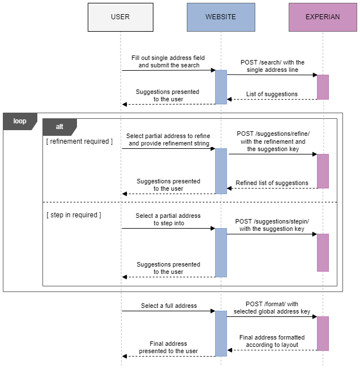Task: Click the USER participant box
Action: (120, 17)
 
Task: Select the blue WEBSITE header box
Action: (221, 17)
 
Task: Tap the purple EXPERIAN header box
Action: (323, 17)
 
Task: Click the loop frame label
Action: (19, 121)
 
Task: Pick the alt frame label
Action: (59, 127)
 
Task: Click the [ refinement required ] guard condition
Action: (79, 141)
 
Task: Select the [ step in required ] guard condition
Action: (74, 215)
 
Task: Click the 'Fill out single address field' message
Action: (168, 62)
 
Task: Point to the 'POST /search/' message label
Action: (272, 66)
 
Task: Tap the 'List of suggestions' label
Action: (272, 94)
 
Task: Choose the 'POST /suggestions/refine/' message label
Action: (273, 141)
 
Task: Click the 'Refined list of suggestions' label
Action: (272, 183)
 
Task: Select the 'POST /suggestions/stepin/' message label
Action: (272, 225)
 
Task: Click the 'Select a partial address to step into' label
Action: (168, 220)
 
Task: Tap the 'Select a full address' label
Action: (169, 306)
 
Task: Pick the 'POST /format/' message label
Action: (272, 308)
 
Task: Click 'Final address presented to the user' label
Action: (168, 347)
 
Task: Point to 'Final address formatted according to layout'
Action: (272, 341)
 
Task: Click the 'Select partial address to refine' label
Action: (168, 140)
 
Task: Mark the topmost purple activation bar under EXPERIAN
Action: (323, 87)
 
